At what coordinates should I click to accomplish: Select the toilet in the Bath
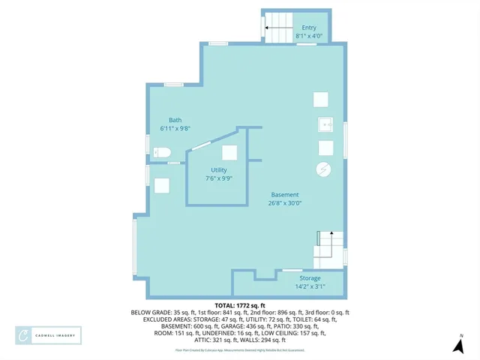(x=162, y=153)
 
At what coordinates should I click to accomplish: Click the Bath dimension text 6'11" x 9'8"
(x=175, y=129)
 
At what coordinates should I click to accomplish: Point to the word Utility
(x=219, y=170)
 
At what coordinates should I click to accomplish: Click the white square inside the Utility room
(x=229, y=152)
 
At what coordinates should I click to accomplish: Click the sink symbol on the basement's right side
(x=325, y=124)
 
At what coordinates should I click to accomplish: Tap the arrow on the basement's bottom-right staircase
(x=319, y=238)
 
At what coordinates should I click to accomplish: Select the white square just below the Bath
(x=162, y=185)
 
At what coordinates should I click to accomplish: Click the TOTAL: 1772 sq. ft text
(x=240, y=305)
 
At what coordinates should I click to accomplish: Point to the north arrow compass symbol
(x=458, y=345)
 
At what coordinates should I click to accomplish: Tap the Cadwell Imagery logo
(x=49, y=336)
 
